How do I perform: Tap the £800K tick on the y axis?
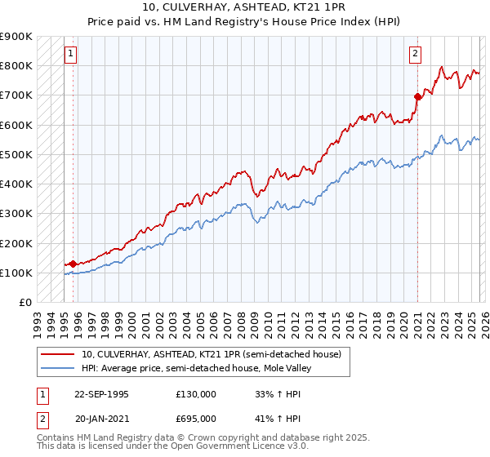[x=16, y=65]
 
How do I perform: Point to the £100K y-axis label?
[x=16, y=273]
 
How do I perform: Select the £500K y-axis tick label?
[x=16, y=154]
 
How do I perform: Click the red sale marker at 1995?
[x=73, y=264]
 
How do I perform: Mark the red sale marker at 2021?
[x=417, y=96]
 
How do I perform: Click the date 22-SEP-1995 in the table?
[x=101, y=394]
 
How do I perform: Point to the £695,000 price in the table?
[x=196, y=418]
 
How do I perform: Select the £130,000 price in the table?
[x=196, y=394]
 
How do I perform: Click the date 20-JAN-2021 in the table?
[x=101, y=418]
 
